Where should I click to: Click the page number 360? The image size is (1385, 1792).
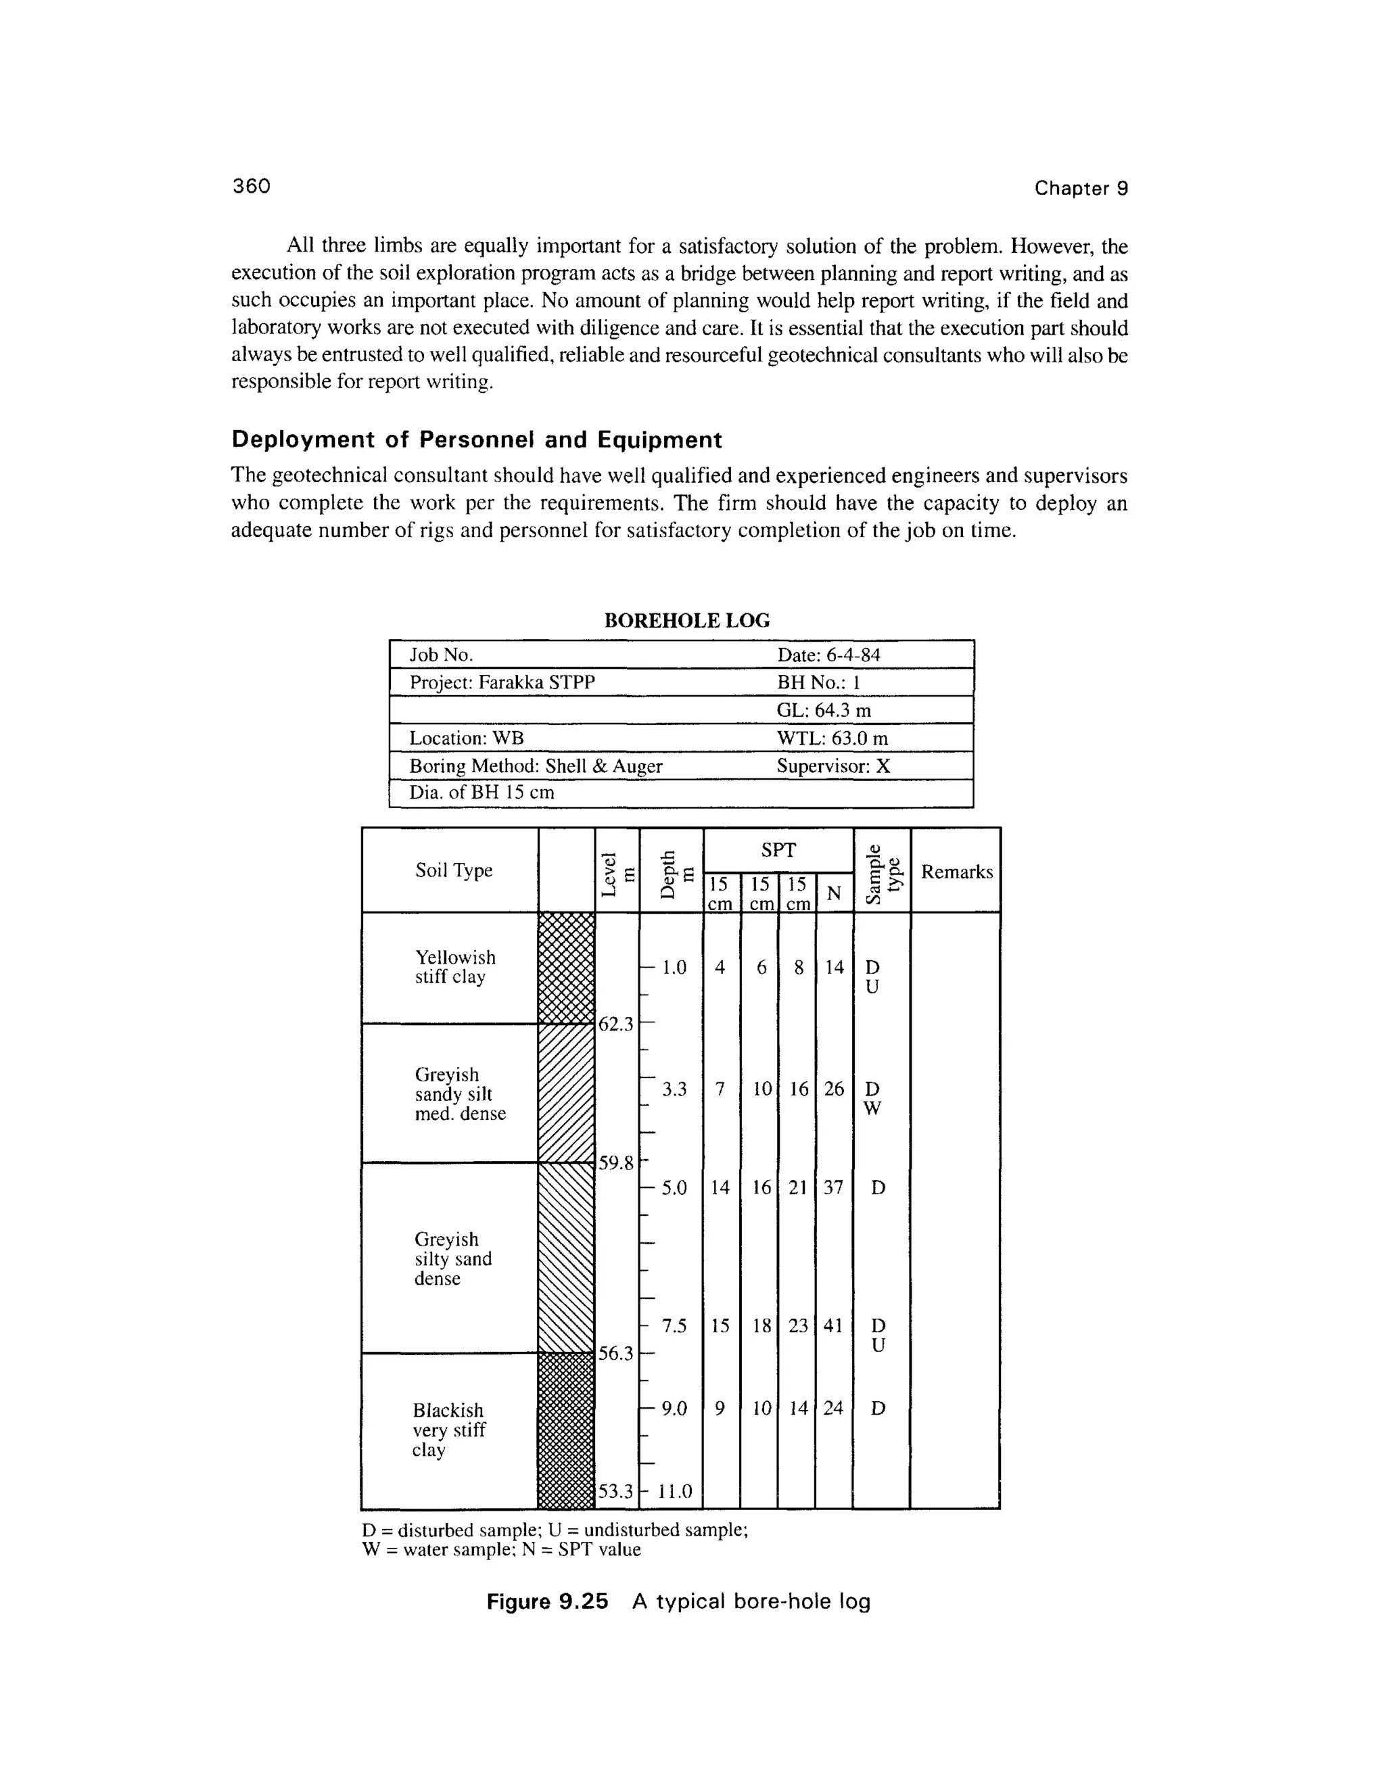[251, 186]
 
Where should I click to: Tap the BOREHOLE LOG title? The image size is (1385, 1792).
[687, 620]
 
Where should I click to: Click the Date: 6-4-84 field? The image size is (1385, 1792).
[828, 655]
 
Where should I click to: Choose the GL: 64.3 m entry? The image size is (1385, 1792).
[823, 710]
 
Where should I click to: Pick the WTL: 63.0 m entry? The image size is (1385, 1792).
[832, 738]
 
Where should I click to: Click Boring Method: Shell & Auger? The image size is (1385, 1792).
[535, 766]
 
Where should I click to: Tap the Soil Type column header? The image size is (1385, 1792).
[453, 870]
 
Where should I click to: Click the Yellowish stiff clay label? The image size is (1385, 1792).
[454, 968]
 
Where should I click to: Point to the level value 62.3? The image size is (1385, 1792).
[616, 1024]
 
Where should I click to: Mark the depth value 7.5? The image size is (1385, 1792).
[674, 1326]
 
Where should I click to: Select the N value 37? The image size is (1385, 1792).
[834, 1187]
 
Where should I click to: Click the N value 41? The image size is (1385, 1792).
[834, 1326]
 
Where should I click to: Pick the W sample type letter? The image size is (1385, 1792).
[873, 1108]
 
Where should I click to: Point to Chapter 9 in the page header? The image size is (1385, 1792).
[1081, 189]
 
